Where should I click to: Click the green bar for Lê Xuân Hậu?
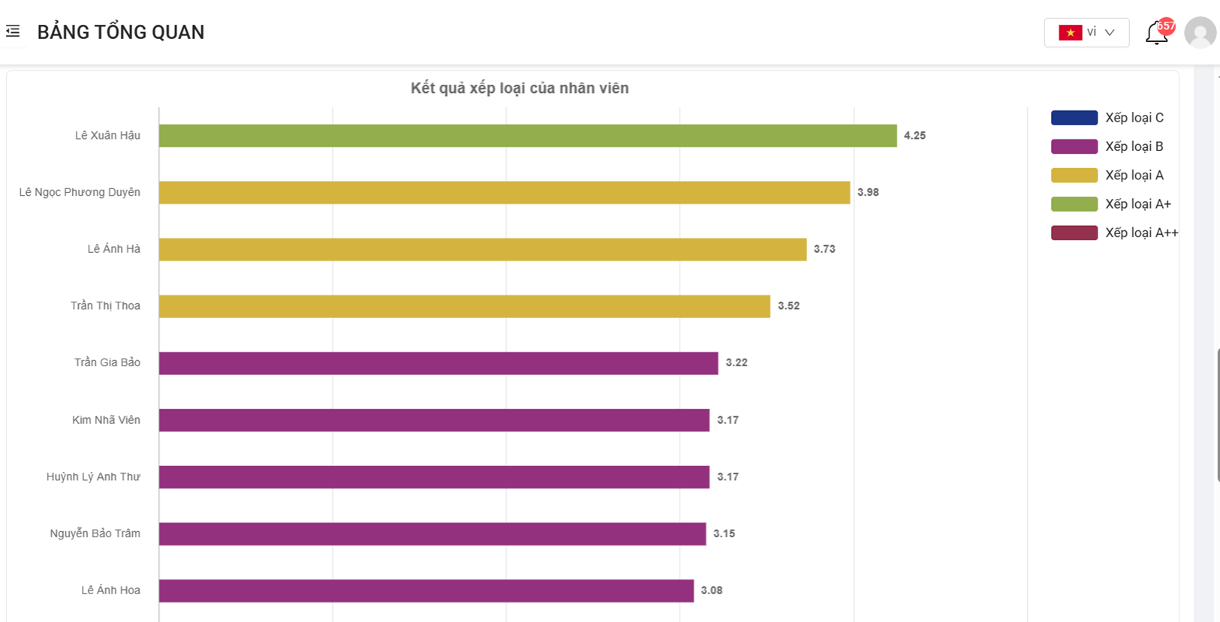[x=527, y=136]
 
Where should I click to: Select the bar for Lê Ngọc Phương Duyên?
[x=504, y=193]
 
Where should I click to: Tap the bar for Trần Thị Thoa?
[x=464, y=306]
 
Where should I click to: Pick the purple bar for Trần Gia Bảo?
[x=438, y=363]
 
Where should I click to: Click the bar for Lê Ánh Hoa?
[x=426, y=590]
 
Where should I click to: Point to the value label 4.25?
[x=914, y=136]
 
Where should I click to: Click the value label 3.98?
[x=868, y=193]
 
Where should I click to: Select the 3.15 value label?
[x=724, y=533]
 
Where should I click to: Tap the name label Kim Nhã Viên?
[x=106, y=420]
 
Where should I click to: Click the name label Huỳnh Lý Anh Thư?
[x=93, y=476]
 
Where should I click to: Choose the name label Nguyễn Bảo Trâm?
[x=95, y=533]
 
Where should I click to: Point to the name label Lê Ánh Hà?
[x=113, y=249]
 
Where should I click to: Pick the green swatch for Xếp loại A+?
[x=1074, y=204]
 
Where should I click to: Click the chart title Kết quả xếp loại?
[x=520, y=89]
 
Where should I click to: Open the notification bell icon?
[x=1156, y=33]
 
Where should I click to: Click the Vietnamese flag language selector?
[x=1086, y=33]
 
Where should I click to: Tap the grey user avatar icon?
[x=1200, y=33]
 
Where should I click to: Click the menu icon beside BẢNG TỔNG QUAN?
[x=13, y=32]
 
